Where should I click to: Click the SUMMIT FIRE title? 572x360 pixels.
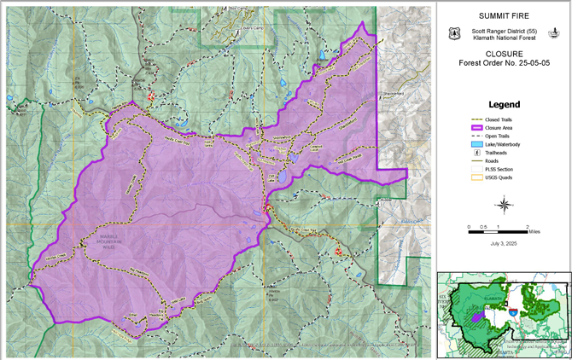[x=504, y=16]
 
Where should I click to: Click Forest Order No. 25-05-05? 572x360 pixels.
[x=504, y=63]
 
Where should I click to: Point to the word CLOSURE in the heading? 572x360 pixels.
[x=504, y=53]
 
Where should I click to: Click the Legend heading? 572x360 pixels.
[x=504, y=105]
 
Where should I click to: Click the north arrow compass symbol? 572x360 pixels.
[x=504, y=205]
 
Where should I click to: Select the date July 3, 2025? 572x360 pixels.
[x=504, y=245]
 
